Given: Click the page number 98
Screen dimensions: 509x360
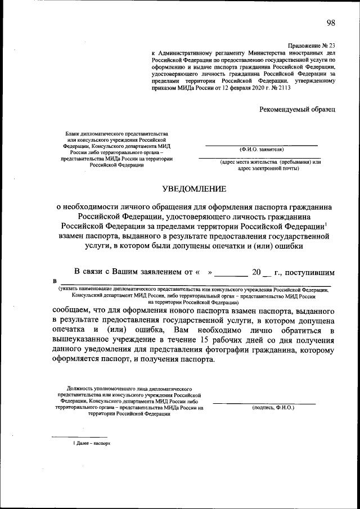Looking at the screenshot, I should tap(330, 22).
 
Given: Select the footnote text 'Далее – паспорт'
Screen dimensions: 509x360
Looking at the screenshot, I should tap(89, 444).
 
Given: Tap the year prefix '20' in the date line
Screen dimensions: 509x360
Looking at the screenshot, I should tap(257, 272).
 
